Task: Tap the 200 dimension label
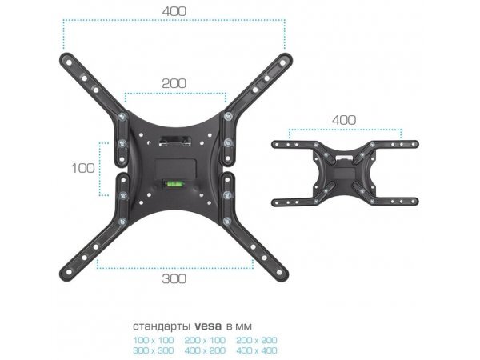click(x=175, y=83)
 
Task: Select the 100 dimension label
click(x=82, y=169)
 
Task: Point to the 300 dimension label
click(x=174, y=278)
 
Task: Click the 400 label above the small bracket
click(x=343, y=120)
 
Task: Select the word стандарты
click(x=162, y=326)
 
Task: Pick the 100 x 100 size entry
click(x=154, y=340)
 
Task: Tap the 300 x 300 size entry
click(x=154, y=350)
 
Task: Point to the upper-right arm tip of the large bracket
click(x=282, y=58)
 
